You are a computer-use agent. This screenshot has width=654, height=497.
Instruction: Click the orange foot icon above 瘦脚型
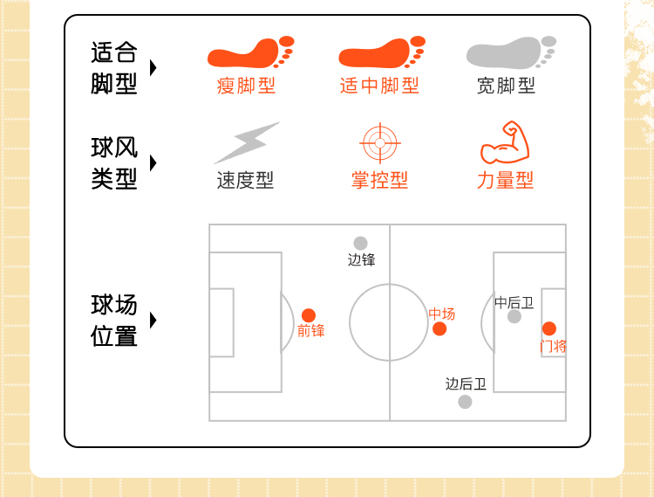coord(249,54)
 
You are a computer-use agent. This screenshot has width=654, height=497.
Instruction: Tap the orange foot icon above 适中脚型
coord(380,54)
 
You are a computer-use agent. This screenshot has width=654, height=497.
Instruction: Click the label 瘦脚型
coord(246,86)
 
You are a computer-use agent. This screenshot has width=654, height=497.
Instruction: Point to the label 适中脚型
coord(379,86)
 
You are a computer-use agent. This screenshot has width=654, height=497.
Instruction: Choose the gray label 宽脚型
coord(506,86)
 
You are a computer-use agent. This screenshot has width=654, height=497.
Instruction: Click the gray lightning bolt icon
coord(246,142)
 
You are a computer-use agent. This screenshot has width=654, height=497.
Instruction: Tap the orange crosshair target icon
coord(379,143)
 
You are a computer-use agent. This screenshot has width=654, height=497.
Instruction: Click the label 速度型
coord(245,181)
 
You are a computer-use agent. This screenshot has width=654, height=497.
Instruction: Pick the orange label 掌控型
coord(379,181)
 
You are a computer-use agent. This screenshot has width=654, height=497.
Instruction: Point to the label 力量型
coord(505,181)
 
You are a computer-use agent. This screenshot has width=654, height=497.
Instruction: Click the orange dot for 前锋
coord(309,315)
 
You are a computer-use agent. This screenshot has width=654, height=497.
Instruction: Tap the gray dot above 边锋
coord(360,243)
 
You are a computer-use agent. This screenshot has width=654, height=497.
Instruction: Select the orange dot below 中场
coord(439,328)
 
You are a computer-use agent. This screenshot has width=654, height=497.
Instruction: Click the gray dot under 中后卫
coord(514,316)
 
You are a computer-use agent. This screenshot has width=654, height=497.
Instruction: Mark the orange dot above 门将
coord(549,328)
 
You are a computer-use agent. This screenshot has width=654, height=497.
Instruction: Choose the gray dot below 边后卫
coord(465,402)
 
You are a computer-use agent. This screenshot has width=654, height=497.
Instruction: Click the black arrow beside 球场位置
coord(153,320)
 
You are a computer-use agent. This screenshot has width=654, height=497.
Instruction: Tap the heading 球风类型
coord(114,163)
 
